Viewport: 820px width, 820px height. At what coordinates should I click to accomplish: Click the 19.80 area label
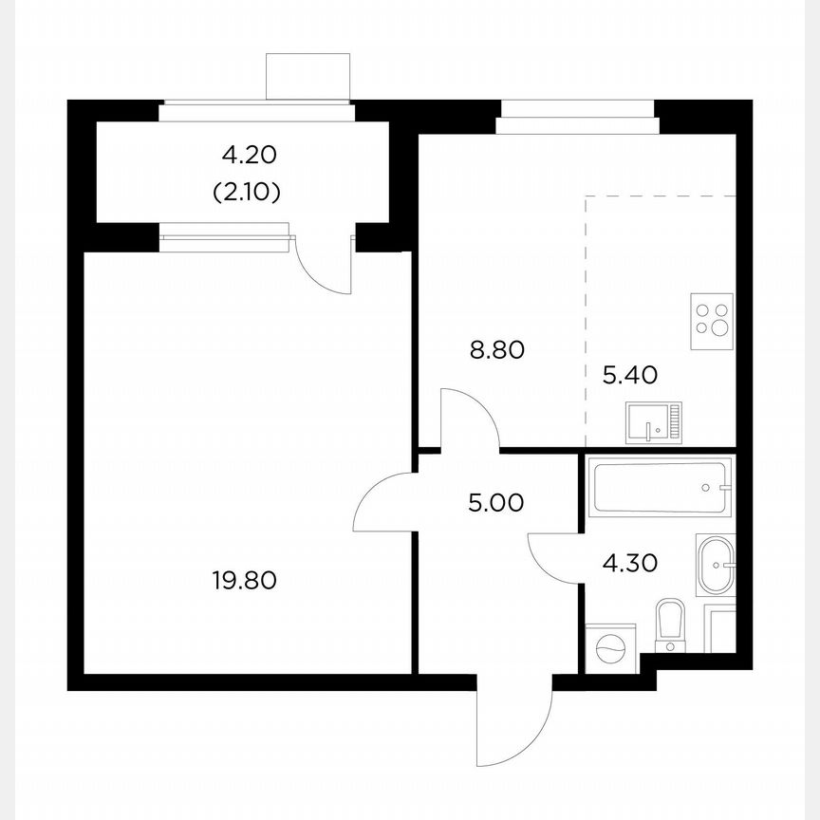pyautogui.click(x=245, y=579)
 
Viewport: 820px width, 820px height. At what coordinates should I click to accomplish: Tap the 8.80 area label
pyautogui.click(x=497, y=350)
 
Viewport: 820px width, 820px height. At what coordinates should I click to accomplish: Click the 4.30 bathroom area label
pyautogui.click(x=630, y=563)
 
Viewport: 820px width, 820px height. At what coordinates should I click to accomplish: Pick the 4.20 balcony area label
pyautogui.click(x=252, y=153)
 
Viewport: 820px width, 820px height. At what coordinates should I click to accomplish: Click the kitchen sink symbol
pyautogui.click(x=654, y=423)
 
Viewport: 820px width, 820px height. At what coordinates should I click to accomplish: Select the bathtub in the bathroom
pyautogui.click(x=659, y=487)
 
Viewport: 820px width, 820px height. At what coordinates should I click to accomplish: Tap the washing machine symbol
pyautogui.click(x=607, y=648)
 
